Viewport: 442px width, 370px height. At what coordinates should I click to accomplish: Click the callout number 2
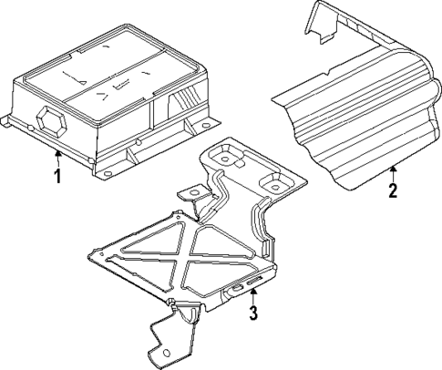tap(393, 191)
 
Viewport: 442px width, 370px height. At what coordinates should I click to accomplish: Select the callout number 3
tap(254, 314)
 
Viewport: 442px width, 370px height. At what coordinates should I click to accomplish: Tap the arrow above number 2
tap(393, 170)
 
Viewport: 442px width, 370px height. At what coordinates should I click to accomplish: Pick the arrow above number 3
tap(254, 294)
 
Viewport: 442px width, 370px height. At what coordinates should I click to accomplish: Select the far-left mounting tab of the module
tap(10, 118)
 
